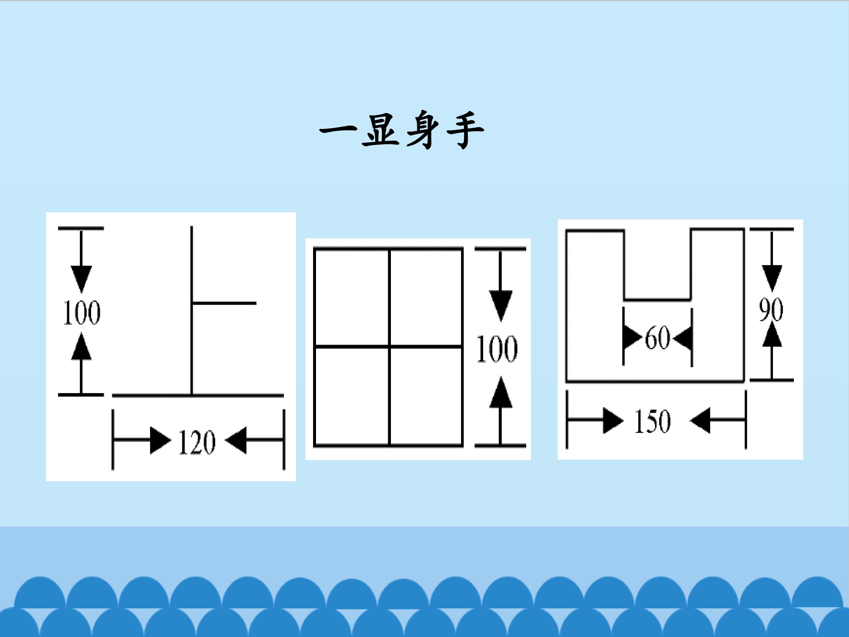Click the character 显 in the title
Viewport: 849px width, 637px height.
(x=380, y=131)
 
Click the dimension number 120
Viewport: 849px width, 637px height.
(x=197, y=442)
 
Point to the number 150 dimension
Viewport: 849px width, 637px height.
(x=652, y=421)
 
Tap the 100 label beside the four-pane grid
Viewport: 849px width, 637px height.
(x=497, y=349)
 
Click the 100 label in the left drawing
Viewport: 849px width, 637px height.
(x=81, y=313)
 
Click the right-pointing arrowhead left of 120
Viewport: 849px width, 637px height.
(x=160, y=440)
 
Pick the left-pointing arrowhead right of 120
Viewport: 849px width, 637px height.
(x=235, y=440)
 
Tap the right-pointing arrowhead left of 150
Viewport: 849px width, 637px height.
(x=613, y=421)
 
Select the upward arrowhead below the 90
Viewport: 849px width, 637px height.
(x=772, y=334)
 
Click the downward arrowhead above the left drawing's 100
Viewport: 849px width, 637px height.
(x=81, y=279)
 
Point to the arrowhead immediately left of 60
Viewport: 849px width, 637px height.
(x=633, y=338)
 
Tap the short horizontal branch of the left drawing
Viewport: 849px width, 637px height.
(x=224, y=303)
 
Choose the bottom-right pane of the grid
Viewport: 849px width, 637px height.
(x=426, y=396)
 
